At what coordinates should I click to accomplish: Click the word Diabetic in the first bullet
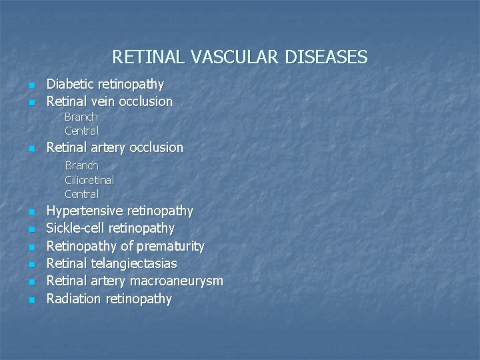pyautogui.click(x=71, y=84)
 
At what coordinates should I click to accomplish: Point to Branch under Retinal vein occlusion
pyautogui.click(x=81, y=117)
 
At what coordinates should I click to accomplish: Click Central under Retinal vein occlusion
pyautogui.click(x=81, y=131)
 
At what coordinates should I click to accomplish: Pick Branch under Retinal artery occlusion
pyautogui.click(x=81, y=165)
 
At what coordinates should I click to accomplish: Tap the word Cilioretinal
pyautogui.click(x=89, y=180)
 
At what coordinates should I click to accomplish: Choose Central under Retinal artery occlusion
pyautogui.click(x=81, y=194)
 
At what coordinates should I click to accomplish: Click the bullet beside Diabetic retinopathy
pyautogui.click(x=31, y=85)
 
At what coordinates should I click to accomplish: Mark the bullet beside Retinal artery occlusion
pyautogui.click(x=31, y=149)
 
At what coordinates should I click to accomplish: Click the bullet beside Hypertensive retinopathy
pyautogui.click(x=31, y=213)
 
